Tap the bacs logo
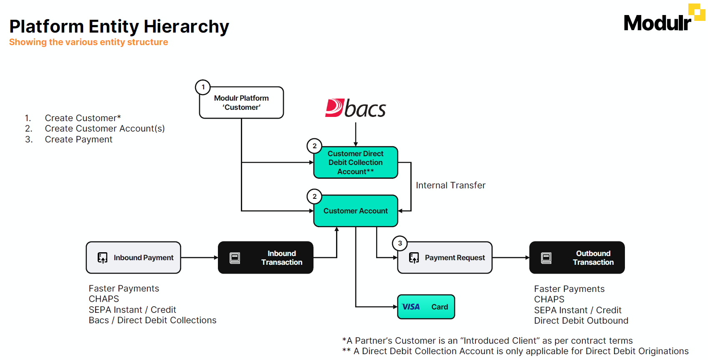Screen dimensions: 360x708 pyautogui.click(x=356, y=108)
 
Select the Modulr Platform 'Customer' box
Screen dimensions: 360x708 pyautogui.click(x=241, y=103)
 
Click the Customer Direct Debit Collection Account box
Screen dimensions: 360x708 pyautogui.click(x=355, y=162)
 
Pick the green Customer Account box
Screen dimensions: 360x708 pyautogui.click(x=355, y=211)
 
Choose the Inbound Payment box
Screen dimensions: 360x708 pyautogui.click(x=134, y=258)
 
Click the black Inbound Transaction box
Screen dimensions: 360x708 pyautogui.click(x=265, y=258)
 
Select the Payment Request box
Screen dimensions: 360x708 pyautogui.click(x=445, y=258)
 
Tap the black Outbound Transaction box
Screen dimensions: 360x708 pyautogui.click(x=577, y=258)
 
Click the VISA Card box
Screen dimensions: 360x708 pyautogui.click(x=426, y=307)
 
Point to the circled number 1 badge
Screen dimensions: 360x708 pyautogui.click(x=203, y=87)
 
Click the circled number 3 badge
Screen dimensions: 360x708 pyautogui.click(x=400, y=243)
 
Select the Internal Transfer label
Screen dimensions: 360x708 pyautogui.click(x=450, y=185)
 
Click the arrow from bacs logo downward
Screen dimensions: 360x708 pyautogui.click(x=356, y=134)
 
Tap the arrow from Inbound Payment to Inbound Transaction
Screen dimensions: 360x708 pyautogui.click(x=199, y=258)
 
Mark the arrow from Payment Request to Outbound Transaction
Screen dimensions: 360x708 pyautogui.click(x=511, y=258)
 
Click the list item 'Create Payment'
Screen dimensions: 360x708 pyautogui.click(x=78, y=139)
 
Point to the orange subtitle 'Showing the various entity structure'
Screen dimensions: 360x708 pyautogui.click(x=88, y=42)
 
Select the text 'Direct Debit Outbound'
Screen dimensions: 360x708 pyautogui.click(x=581, y=321)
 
